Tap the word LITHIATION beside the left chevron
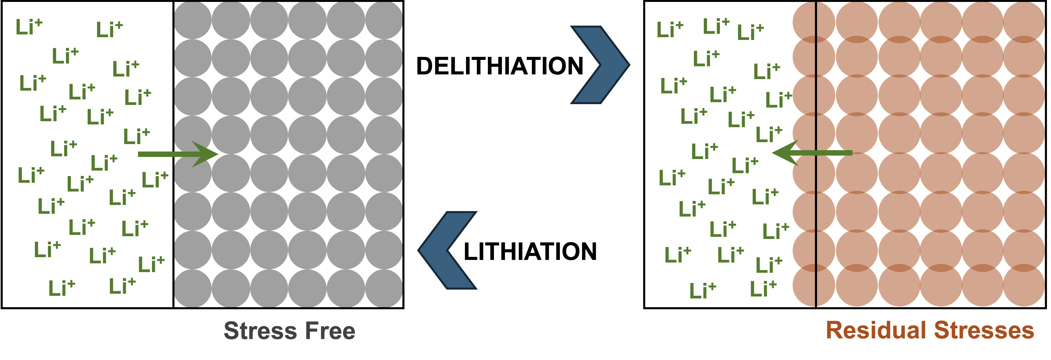click(530, 251)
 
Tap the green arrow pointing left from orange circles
click(812, 153)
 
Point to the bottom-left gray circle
click(193, 288)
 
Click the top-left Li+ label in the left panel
click(29, 27)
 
